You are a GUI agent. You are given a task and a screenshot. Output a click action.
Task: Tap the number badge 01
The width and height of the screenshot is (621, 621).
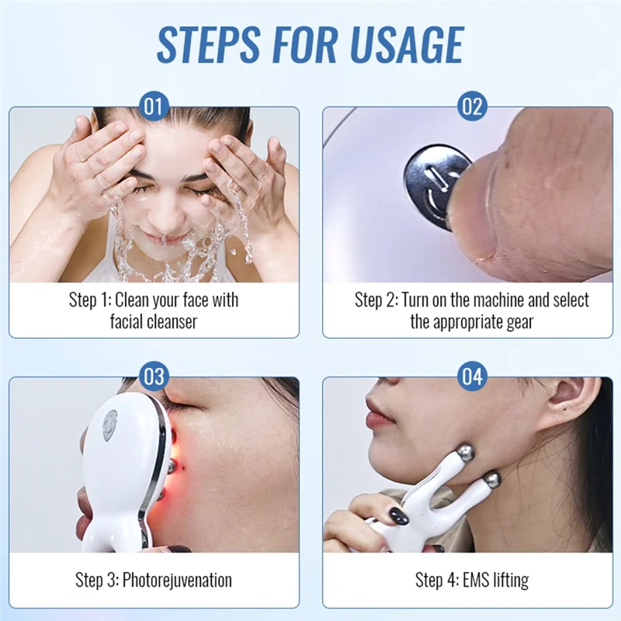tap(154, 106)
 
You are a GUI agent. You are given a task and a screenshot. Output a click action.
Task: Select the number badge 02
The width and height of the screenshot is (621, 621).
tap(472, 106)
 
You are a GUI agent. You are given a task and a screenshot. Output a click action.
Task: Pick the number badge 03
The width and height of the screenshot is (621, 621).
tap(154, 377)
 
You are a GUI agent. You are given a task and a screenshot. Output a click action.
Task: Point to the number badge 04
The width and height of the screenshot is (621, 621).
tap(472, 377)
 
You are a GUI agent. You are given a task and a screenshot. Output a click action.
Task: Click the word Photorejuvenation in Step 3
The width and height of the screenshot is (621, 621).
tap(176, 580)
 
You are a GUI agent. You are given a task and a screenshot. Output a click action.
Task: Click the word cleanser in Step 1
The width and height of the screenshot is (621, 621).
tap(170, 321)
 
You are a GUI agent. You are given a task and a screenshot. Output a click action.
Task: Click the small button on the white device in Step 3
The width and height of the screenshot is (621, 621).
tap(111, 425)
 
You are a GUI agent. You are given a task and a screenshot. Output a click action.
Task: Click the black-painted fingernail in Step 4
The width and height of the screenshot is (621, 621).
tap(397, 515)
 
